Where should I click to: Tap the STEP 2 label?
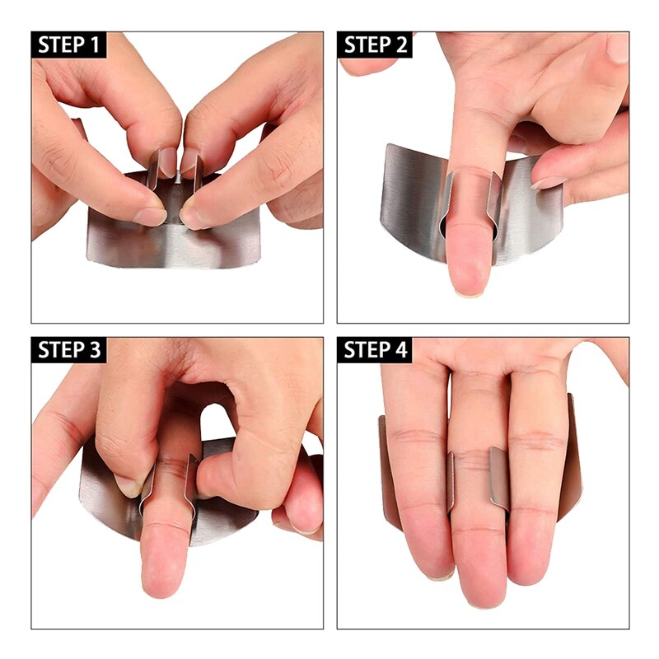[376, 44]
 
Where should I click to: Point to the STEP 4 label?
[376, 349]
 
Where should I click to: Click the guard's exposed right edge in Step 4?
[574, 461]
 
